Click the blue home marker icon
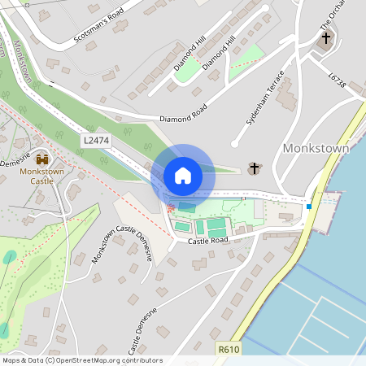click(183, 175)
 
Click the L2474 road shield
click(94, 141)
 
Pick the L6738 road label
click(338, 82)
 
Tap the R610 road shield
click(229, 348)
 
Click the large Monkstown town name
click(315, 149)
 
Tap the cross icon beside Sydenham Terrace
click(254, 168)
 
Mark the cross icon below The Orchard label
click(326, 38)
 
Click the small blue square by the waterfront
click(309, 207)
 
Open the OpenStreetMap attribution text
click(81, 360)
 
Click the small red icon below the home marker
click(170, 209)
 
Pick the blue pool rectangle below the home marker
click(187, 206)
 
